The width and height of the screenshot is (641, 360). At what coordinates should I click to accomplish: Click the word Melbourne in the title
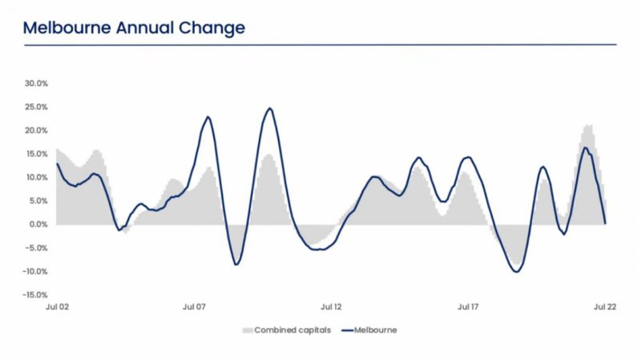68,29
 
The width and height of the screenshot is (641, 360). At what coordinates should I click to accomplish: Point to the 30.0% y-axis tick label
37,83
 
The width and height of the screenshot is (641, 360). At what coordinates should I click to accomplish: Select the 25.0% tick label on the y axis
37,107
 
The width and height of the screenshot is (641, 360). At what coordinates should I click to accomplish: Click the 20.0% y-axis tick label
37,130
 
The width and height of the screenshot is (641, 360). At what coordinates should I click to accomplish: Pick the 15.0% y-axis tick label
37,154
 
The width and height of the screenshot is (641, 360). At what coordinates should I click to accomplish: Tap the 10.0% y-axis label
37,177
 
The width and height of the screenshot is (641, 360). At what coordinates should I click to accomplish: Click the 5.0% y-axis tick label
39,200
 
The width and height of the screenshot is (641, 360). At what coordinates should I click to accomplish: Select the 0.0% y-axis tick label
39,224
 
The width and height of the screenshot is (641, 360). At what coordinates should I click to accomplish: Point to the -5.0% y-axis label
38,248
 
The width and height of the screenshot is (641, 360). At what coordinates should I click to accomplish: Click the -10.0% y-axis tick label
36,271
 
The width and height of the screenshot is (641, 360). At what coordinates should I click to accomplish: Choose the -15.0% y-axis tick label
36,294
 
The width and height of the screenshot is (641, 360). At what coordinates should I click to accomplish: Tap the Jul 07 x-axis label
195,306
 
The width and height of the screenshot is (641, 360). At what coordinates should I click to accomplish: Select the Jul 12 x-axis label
331,306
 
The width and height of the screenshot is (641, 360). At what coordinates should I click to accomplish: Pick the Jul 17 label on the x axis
468,306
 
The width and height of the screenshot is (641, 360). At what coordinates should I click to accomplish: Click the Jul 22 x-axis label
603,306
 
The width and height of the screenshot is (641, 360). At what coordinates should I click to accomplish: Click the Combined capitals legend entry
288,330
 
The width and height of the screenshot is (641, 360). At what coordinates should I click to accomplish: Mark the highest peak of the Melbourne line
270,108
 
